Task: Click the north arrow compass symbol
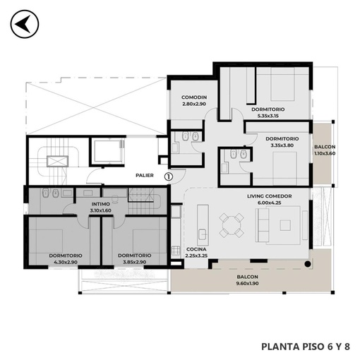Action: (x=25, y=24)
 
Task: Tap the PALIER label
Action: (x=145, y=175)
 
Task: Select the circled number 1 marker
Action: (x=169, y=176)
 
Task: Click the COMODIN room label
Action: (x=194, y=97)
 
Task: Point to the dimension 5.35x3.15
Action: (x=268, y=116)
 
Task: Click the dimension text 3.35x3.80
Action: (x=282, y=145)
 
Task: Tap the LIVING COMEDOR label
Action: (x=270, y=196)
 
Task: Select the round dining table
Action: (x=232, y=225)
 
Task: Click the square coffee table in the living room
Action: (x=285, y=225)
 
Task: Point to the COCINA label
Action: (x=196, y=249)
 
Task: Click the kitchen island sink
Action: (x=203, y=234)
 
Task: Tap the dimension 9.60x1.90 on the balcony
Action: (x=247, y=283)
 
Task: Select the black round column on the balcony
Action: (x=308, y=264)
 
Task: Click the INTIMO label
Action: (x=101, y=204)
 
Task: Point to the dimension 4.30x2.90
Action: (x=66, y=262)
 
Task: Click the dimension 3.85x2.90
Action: (x=135, y=262)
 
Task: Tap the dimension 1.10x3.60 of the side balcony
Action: (x=325, y=153)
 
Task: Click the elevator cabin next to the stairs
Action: (x=108, y=151)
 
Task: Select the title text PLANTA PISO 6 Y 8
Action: (x=306, y=347)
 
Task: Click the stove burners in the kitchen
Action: (x=175, y=251)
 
